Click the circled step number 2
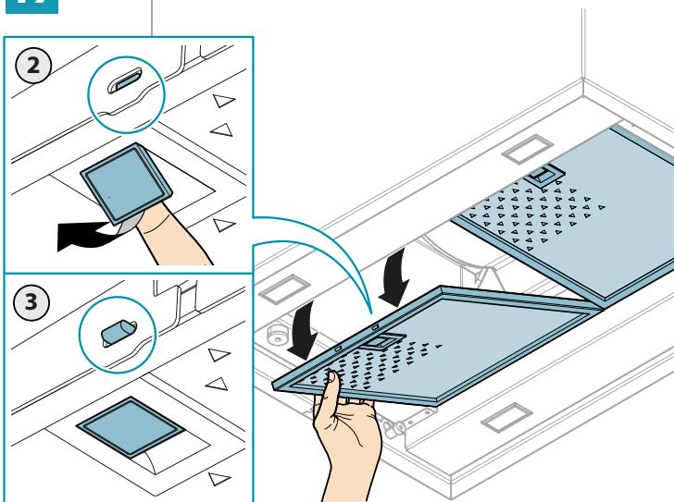pyautogui.click(x=33, y=66)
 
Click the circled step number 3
pyautogui.click(x=31, y=302)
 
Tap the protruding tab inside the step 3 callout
pyautogui.click(x=117, y=331)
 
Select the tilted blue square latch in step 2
pyautogui.click(x=126, y=183)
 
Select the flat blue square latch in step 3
pyautogui.click(x=131, y=426)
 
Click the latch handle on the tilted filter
pyautogui.click(x=381, y=341)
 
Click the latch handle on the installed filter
pyautogui.click(x=543, y=174)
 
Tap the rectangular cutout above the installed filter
pyautogui.click(x=528, y=149)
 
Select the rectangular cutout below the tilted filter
pyautogui.click(x=506, y=418)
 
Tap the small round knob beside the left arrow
pyautogui.click(x=277, y=335)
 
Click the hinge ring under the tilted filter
pyautogui.click(x=389, y=427)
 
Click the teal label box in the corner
pyautogui.click(x=31, y=6)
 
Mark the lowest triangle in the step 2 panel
pyautogui.click(x=223, y=225)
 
